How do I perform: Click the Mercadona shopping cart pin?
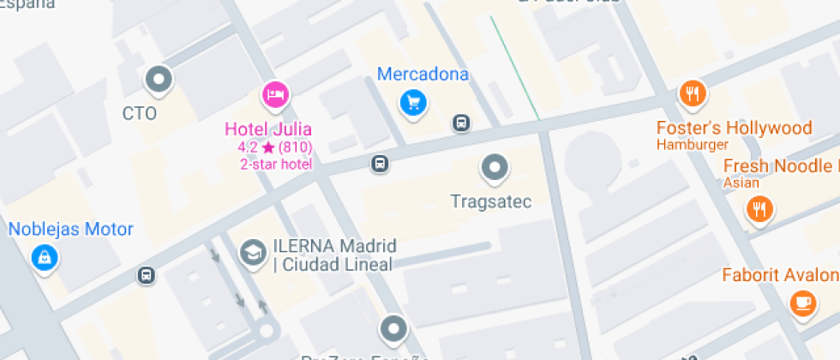click(414, 103)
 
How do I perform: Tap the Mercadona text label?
click(423, 74)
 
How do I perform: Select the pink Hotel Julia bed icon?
click(274, 94)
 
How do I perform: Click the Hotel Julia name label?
click(267, 129)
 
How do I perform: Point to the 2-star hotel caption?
click(276, 164)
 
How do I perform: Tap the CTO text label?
click(140, 112)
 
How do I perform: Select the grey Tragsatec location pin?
click(494, 168)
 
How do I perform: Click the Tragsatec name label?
click(491, 202)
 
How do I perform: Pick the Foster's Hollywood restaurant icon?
click(692, 93)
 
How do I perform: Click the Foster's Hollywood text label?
click(734, 129)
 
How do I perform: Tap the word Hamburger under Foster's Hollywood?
click(693, 145)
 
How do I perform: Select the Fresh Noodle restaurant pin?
click(759, 208)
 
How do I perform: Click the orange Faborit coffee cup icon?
click(802, 302)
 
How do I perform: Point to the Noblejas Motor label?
click(71, 229)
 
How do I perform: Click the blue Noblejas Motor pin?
click(43, 255)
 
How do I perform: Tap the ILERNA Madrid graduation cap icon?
click(253, 252)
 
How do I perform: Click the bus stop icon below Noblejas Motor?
click(147, 275)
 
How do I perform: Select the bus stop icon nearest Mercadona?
click(461, 123)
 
